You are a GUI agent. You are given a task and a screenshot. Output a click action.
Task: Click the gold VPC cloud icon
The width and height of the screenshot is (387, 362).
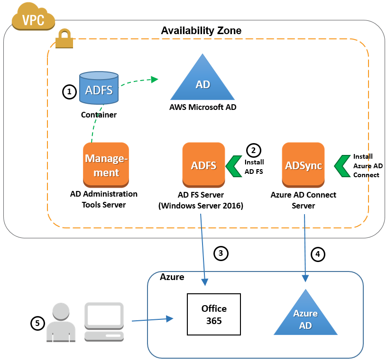click(x=33, y=17)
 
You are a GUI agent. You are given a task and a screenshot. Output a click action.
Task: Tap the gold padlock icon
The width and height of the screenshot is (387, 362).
click(x=64, y=38)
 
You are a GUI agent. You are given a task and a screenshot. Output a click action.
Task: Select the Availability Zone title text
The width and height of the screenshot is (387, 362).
click(x=201, y=31)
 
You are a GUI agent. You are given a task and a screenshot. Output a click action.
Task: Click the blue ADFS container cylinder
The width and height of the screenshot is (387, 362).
click(x=99, y=88)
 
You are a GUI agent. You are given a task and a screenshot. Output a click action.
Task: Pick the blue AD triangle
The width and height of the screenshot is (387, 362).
click(x=203, y=77)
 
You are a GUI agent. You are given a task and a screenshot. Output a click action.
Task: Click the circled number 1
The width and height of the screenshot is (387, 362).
click(x=69, y=92)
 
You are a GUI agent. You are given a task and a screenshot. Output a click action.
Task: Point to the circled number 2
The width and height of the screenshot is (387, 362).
click(x=253, y=150)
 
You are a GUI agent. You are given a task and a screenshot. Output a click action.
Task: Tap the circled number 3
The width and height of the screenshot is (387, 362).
click(x=221, y=253)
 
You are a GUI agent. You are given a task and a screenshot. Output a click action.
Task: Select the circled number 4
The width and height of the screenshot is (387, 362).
click(x=318, y=254)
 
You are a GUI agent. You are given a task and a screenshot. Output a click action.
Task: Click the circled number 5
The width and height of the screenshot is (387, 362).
click(x=37, y=323)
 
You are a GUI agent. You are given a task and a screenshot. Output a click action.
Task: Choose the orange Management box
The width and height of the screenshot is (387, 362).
click(x=106, y=165)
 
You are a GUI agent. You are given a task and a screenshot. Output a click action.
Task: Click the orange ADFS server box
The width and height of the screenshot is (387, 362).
click(x=203, y=165)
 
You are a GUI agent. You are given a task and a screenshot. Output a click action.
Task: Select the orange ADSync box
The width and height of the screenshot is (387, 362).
click(x=303, y=165)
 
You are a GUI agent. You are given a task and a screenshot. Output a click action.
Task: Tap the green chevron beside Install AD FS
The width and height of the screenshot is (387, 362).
click(x=234, y=166)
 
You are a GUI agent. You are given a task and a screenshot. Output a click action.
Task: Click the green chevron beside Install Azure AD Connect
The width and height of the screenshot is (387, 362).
click(x=342, y=166)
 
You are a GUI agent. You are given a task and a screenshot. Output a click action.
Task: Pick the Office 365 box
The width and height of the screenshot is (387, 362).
click(x=214, y=315)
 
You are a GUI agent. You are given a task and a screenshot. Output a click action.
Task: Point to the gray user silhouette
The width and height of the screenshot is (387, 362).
click(x=61, y=322)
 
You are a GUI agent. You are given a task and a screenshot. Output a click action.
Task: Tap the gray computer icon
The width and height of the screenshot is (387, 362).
click(x=104, y=322)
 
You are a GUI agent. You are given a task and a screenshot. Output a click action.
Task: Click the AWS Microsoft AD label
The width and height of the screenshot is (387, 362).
click(x=203, y=107)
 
